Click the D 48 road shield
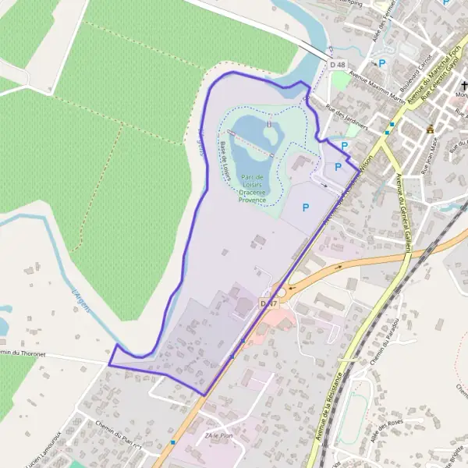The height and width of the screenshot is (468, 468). [x=336, y=65]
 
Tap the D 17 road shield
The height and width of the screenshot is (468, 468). [x=269, y=303]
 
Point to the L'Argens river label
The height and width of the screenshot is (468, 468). [x=81, y=302]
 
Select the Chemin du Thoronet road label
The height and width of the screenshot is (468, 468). [x=30, y=355]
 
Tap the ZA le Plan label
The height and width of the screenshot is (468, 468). [x=219, y=435]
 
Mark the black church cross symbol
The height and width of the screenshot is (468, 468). [x=463, y=86]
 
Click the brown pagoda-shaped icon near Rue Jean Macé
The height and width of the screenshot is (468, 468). [x=430, y=129]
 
